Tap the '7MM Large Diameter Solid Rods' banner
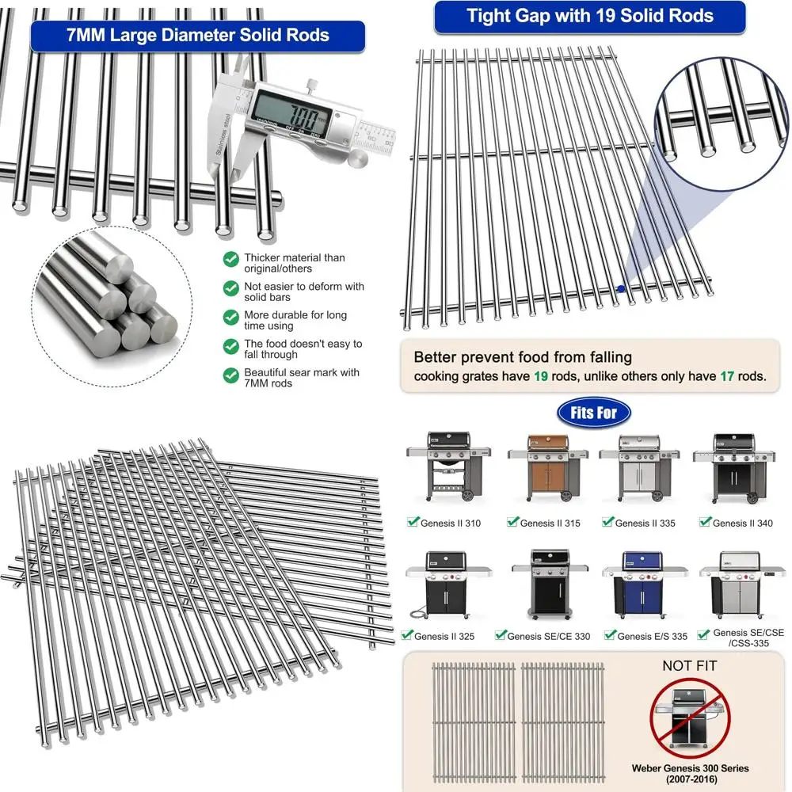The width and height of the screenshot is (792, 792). (197, 36)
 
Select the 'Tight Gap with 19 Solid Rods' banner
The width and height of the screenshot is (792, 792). (589, 17)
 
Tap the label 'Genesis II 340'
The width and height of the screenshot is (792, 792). (742, 523)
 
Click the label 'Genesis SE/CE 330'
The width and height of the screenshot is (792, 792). (548, 636)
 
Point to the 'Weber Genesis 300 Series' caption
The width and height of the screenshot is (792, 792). (690, 768)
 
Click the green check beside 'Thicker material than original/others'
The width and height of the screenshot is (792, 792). (230, 259)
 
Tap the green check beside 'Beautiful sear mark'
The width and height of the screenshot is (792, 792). (230, 374)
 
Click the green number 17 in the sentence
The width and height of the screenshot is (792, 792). (726, 376)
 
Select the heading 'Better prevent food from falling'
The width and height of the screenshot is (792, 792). (523, 357)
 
